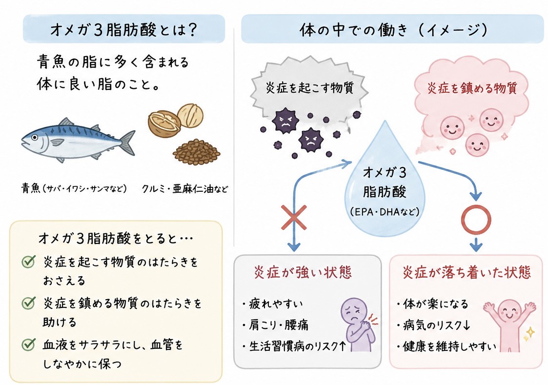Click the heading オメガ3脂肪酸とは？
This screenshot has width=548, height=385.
124,30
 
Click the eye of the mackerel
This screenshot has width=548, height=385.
35,138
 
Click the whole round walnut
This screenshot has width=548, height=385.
190,115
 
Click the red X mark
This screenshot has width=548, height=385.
294,217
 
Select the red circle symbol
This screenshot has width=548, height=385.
476,220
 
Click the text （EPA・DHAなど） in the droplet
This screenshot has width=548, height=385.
385,212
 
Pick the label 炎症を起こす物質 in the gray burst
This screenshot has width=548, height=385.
310,87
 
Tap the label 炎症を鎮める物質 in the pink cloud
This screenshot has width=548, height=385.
472,88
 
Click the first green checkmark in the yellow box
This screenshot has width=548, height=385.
29,262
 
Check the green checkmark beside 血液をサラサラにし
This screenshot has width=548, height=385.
29,344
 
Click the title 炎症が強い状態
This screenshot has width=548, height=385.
303,272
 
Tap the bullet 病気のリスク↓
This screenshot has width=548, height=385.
433,325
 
